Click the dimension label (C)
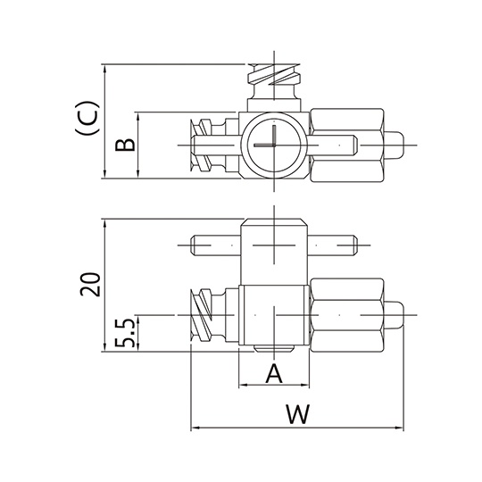tap(87, 118)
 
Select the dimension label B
tap(125, 145)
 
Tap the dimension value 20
tap(91, 284)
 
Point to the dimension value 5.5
tap(125, 333)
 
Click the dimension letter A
tap(274, 373)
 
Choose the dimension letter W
tap(297, 414)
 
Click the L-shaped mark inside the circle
tap(266, 136)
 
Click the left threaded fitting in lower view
tap(214, 315)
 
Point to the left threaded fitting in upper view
tap(214, 145)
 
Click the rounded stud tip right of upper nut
tap(395, 145)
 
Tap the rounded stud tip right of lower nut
tap(395, 315)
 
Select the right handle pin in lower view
tap(332, 245)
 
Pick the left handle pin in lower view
tap(216, 245)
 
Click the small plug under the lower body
tap(274, 349)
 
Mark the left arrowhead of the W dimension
tap(195, 428)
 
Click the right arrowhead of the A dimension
tap(305, 385)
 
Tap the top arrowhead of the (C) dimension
tap(105, 69)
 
